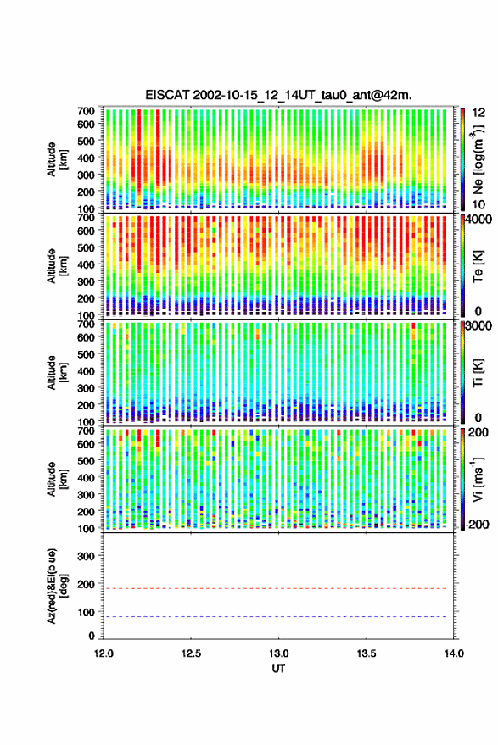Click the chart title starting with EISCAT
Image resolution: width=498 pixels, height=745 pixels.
278,96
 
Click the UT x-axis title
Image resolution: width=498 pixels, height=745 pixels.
278,669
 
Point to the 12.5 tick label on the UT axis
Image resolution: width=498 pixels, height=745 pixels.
191,653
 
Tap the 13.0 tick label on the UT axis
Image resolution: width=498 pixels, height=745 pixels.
279,653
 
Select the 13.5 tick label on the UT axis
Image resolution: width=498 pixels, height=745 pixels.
367,653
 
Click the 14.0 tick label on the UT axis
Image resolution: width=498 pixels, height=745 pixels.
454,653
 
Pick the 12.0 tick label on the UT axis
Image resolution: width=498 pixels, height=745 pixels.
104,653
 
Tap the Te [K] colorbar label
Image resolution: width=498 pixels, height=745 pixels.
478,266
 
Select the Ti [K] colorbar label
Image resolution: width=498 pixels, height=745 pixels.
478,373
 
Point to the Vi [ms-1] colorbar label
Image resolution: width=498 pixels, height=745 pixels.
478,479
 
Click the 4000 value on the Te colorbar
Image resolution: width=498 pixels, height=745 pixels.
478,220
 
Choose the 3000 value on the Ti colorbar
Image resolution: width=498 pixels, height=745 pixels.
478,326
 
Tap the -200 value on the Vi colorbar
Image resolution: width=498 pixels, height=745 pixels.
477,525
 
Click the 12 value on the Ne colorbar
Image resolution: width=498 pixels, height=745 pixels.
479,113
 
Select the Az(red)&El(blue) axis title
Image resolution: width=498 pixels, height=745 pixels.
57,586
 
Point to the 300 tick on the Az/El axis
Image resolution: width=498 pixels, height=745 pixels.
86,556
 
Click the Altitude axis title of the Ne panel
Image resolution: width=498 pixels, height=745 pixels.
57,159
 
